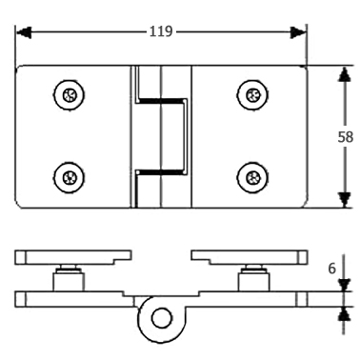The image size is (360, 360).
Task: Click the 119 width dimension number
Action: coord(161,31)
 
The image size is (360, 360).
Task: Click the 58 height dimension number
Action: coord(345,137)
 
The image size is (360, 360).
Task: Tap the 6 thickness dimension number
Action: coord(331,269)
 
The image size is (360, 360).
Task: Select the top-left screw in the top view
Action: coord(69,94)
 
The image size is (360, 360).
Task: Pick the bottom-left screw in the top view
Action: coord(69,177)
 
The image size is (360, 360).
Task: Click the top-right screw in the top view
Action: coord(252,94)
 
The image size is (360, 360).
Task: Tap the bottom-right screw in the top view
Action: coord(252,177)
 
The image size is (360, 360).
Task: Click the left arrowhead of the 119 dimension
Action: coord(24,32)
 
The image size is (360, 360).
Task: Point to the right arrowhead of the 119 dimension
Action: coord(297,32)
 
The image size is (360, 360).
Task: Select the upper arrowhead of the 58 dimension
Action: coord(345,74)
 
